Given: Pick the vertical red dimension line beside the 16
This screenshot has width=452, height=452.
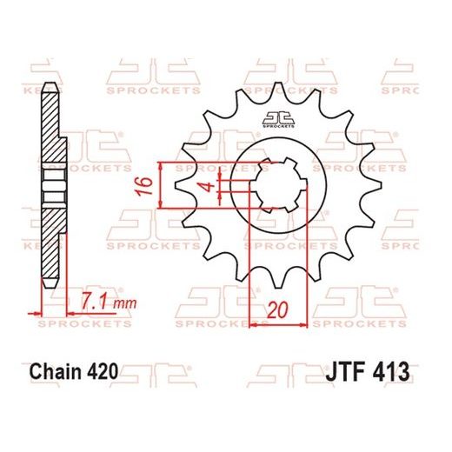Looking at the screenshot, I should click(x=162, y=185).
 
